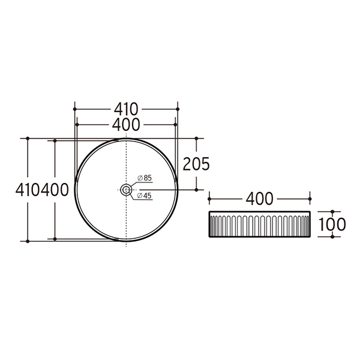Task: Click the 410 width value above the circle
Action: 126,109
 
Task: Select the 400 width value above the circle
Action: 126,125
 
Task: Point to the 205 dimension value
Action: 196,164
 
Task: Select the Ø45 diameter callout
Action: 145,196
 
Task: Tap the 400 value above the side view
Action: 259,198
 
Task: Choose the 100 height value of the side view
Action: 333,224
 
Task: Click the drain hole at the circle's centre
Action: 126,190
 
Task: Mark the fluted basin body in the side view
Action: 259,224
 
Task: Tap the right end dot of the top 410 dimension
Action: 178,109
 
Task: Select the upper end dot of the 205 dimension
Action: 196,138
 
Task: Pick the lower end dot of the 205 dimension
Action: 196,190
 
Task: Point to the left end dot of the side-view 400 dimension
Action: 209,198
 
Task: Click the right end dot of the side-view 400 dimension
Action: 310,198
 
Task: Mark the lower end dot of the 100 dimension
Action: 333,236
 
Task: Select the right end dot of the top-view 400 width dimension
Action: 175,125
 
